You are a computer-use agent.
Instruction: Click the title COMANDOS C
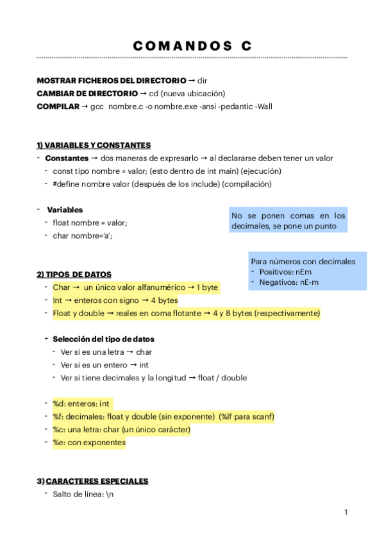coord(192,46)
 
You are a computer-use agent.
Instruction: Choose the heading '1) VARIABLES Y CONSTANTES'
coord(94,145)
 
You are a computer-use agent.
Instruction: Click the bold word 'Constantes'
coord(67,158)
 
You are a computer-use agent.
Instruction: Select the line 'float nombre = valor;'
coord(90,223)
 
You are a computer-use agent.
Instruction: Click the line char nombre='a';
coord(85,235)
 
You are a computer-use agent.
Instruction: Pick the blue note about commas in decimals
coord(288,221)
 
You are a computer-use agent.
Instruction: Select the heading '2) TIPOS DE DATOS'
coord(74,275)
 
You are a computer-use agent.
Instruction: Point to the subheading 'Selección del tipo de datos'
coord(103,339)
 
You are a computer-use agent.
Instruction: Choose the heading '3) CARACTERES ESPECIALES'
coord(92,481)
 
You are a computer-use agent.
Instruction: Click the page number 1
coord(346,512)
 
